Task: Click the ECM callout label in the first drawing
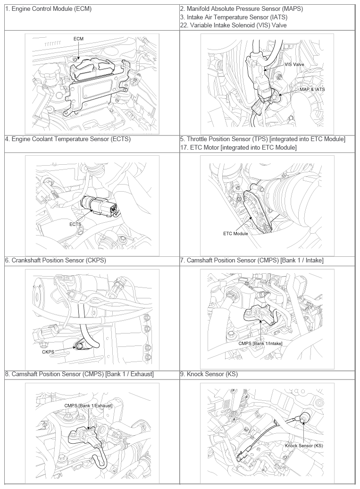pyautogui.click(x=78, y=39)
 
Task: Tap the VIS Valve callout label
pyautogui.click(x=294, y=65)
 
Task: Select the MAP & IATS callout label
pyautogui.click(x=312, y=89)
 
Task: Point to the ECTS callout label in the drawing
pyautogui.click(x=75, y=224)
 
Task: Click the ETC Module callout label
pyautogui.click(x=235, y=233)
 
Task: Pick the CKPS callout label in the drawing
pyautogui.click(x=48, y=352)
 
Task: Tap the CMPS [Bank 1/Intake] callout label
pyautogui.click(x=260, y=343)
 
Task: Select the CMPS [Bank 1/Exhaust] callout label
pyautogui.click(x=88, y=406)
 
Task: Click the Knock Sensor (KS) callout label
pyautogui.click(x=304, y=446)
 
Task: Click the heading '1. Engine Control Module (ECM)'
pyautogui.click(x=48, y=8)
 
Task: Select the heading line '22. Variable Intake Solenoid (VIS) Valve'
pyautogui.click(x=233, y=25)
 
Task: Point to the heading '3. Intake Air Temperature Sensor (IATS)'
pyautogui.click(x=234, y=17)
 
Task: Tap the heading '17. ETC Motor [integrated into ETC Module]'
pyautogui.click(x=238, y=147)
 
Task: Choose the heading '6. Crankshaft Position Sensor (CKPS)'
pyautogui.click(x=56, y=260)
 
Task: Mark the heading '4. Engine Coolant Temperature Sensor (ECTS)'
pyautogui.click(x=67, y=139)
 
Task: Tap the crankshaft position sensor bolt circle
pyautogui.click(x=79, y=346)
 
